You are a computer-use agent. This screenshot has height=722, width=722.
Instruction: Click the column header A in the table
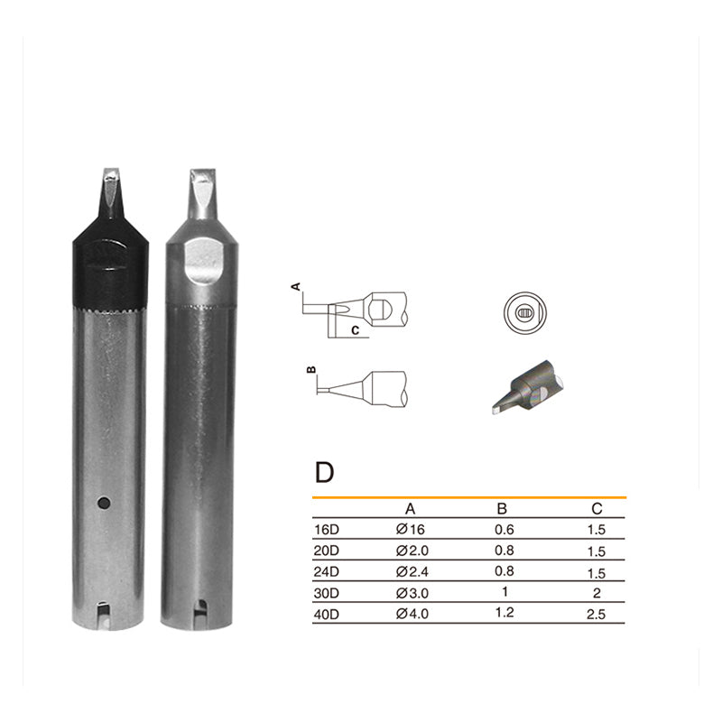pos(411,509)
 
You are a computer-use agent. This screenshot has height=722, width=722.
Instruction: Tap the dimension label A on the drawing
pos(295,286)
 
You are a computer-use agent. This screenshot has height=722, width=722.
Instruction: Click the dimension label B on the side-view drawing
pos(310,370)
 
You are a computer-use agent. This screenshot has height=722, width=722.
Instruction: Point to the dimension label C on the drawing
pos(356,330)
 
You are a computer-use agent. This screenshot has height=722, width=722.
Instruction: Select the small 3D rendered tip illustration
pos(528,386)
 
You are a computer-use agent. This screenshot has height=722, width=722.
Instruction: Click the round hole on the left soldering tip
pos(105,501)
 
